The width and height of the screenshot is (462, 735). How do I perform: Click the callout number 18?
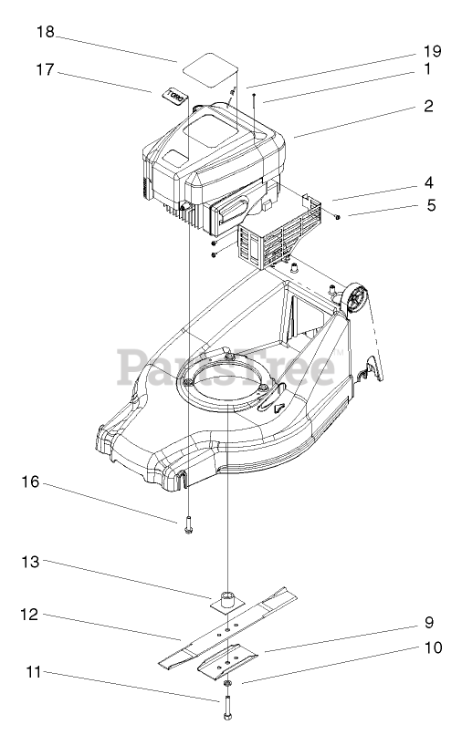[46, 32]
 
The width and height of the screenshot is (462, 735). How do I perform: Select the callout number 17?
[46, 70]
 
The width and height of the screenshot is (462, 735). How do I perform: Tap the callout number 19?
[432, 51]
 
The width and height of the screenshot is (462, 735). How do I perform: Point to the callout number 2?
[428, 106]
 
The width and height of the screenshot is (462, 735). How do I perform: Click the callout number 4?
[428, 182]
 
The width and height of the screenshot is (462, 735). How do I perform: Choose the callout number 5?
[431, 205]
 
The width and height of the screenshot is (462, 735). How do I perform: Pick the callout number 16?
[30, 481]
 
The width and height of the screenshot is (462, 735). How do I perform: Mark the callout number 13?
[30, 561]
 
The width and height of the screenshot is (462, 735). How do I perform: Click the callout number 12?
[29, 614]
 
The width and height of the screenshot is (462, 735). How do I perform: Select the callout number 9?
[428, 623]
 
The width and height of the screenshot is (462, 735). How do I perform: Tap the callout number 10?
[433, 647]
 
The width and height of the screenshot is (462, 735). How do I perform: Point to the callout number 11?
[34, 672]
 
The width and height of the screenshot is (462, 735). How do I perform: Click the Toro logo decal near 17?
[173, 96]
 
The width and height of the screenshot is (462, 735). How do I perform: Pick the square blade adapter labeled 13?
[227, 601]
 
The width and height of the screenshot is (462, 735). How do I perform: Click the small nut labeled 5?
[338, 216]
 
